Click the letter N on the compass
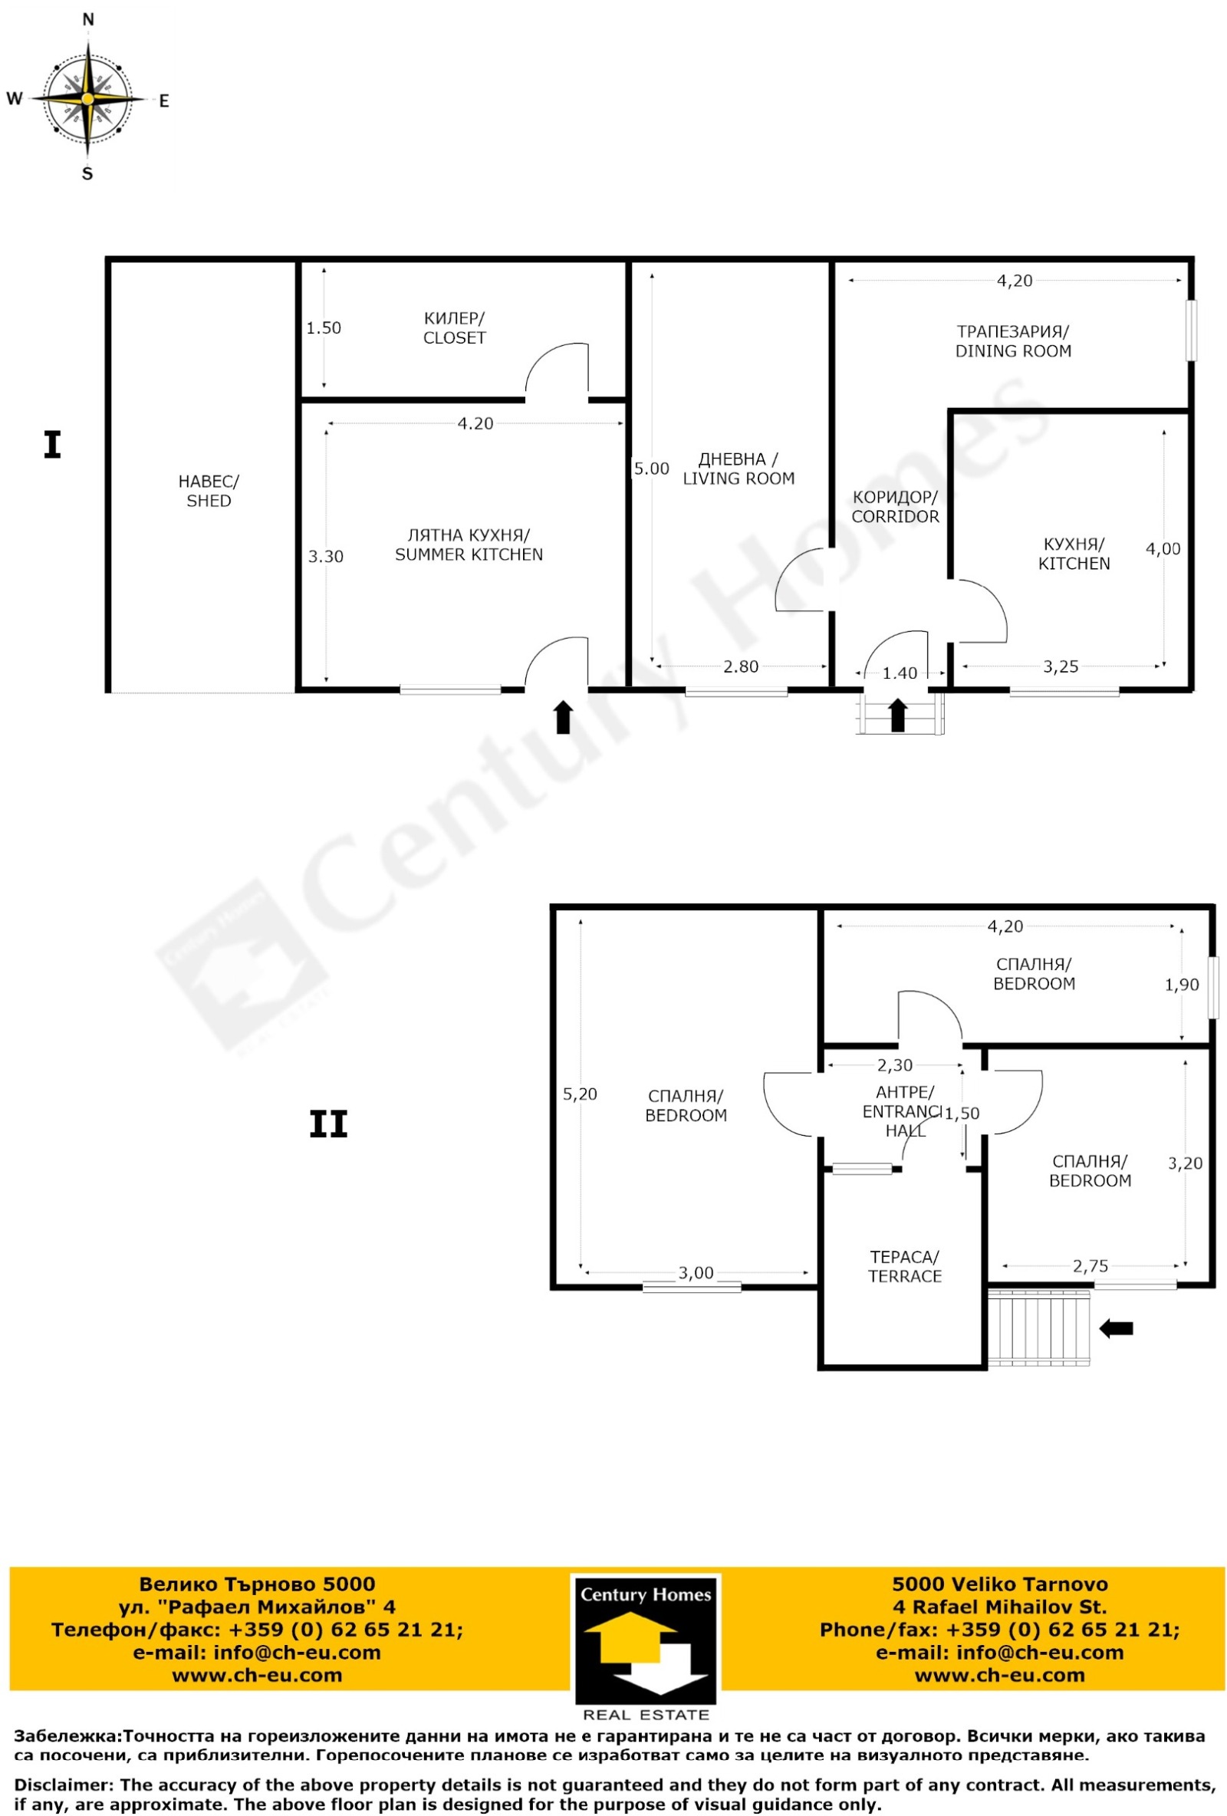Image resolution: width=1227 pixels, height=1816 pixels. (87, 19)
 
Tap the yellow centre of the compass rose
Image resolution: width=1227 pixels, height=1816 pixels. (87, 99)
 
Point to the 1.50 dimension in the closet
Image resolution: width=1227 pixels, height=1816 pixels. (324, 328)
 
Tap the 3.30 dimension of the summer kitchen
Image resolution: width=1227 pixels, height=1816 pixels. (325, 556)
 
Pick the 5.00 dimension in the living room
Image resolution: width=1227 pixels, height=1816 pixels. (651, 469)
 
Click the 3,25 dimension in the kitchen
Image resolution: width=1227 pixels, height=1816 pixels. (1061, 666)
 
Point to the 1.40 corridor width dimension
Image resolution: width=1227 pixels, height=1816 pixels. (900, 673)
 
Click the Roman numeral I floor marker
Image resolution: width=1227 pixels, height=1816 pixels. (52, 445)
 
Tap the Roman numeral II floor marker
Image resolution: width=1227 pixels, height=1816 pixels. (328, 1124)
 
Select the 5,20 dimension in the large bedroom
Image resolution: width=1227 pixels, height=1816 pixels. (579, 1094)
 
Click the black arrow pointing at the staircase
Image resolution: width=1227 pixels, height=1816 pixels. (1115, 1327)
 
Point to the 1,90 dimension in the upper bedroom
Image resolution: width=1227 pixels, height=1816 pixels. (1181, 985)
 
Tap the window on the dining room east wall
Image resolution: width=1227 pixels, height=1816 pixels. (1190, 331)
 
